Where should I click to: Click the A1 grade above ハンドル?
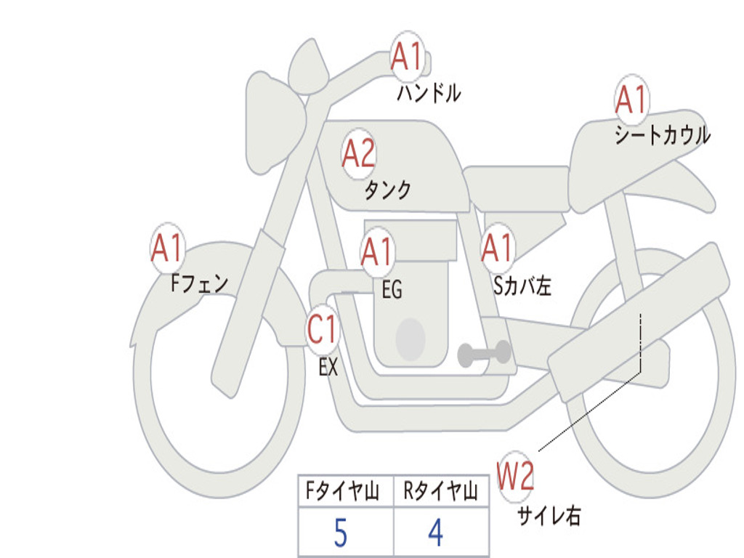tap(407, 57)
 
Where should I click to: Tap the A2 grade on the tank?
tap(359, 153)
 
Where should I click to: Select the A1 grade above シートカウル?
tap(631, 100)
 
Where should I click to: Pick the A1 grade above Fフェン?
tap(167, 248)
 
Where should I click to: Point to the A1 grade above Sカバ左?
tap(498, 248)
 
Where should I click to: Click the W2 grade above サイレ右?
tap(516, 477)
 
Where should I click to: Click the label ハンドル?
tap(429, 93)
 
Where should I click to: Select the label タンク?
tap(387, 190)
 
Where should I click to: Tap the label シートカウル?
tap(662, 136)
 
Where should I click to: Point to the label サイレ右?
tap(549, 516)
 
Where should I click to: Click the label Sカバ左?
tap(522, 286)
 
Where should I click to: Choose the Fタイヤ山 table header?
tap(341, 493)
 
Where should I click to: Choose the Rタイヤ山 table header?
tap(440, 493)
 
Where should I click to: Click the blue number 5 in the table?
tap(340, 534)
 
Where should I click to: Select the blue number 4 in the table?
tap(436, 534)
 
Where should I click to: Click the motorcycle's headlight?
tap(274, 122)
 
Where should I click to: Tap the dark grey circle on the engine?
tap(411, 338)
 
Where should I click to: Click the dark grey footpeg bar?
tap(484, 354)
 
